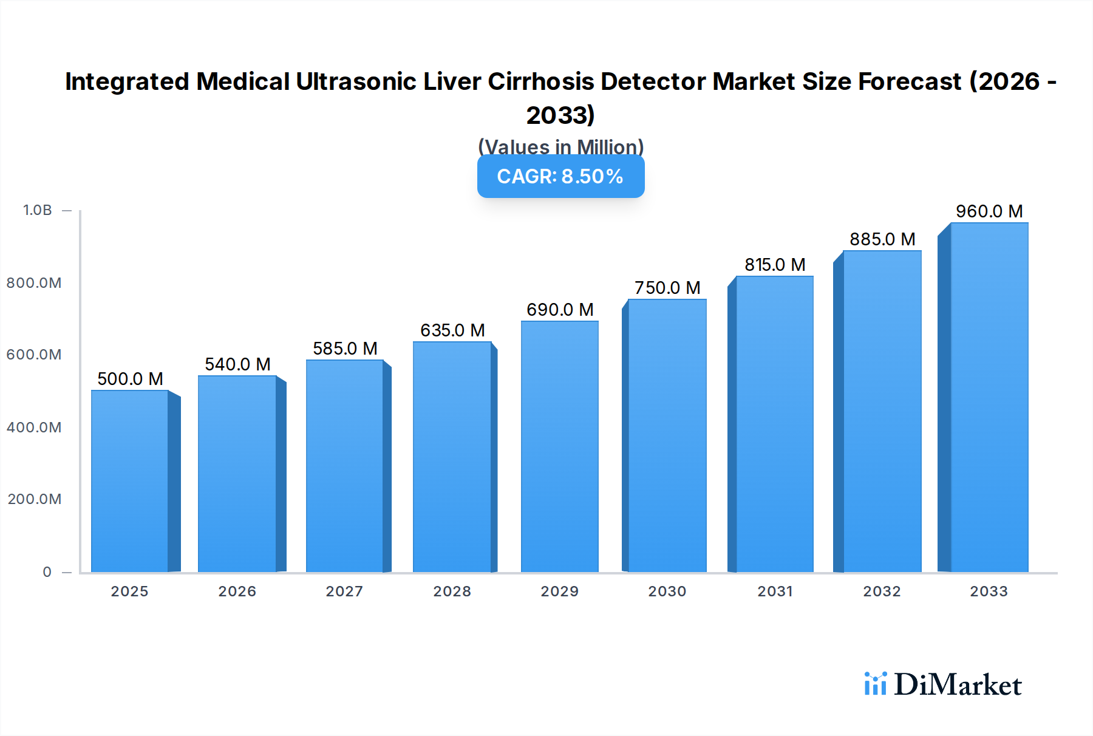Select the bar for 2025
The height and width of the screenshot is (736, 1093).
pyautogui.click(x=130, y=481)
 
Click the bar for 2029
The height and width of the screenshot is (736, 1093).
pyautogui.click(x=559, y=446)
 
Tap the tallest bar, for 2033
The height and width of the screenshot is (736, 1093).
pyautogui.click(x=989, y=398)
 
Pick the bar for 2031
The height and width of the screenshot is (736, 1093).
pyautogui.click(x=774, y=424)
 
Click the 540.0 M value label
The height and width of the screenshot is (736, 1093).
pyautogui.click(x=237, y=364)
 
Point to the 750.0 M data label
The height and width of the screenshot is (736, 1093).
pyautogui.click(x=667, y=288)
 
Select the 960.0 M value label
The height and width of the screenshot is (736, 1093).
pyautogui.click(x=989, y=211)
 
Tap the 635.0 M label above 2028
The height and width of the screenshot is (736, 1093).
pyautogui.click(x=452, y=330)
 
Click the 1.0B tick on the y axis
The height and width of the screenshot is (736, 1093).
pyautogui.click(x=38, y=210)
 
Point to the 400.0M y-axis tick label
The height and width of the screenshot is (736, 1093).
pyautogui.click(x=34, y=428)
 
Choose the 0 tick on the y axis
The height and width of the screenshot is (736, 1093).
pyautogui.click(x=47, y=572)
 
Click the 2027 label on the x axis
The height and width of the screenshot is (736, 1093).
pyautogui.click(x=344, y=591)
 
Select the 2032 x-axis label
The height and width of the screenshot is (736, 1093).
pyautogui.click(x=882, y=591)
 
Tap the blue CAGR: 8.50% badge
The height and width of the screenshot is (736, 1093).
pyautogui.click(x=560, y=177)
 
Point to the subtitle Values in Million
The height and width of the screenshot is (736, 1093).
pyautogui.click(x=560, y=146)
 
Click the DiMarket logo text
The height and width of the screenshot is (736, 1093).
pyautogui.click(x=958, y=685)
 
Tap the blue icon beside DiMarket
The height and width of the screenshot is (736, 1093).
pyautogui.click(x=875, y=684)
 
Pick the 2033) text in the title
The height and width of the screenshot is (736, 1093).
pyautogui.click(x=560, y=115)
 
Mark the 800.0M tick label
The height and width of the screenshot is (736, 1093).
pyautogui.click(x=34, y=283)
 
